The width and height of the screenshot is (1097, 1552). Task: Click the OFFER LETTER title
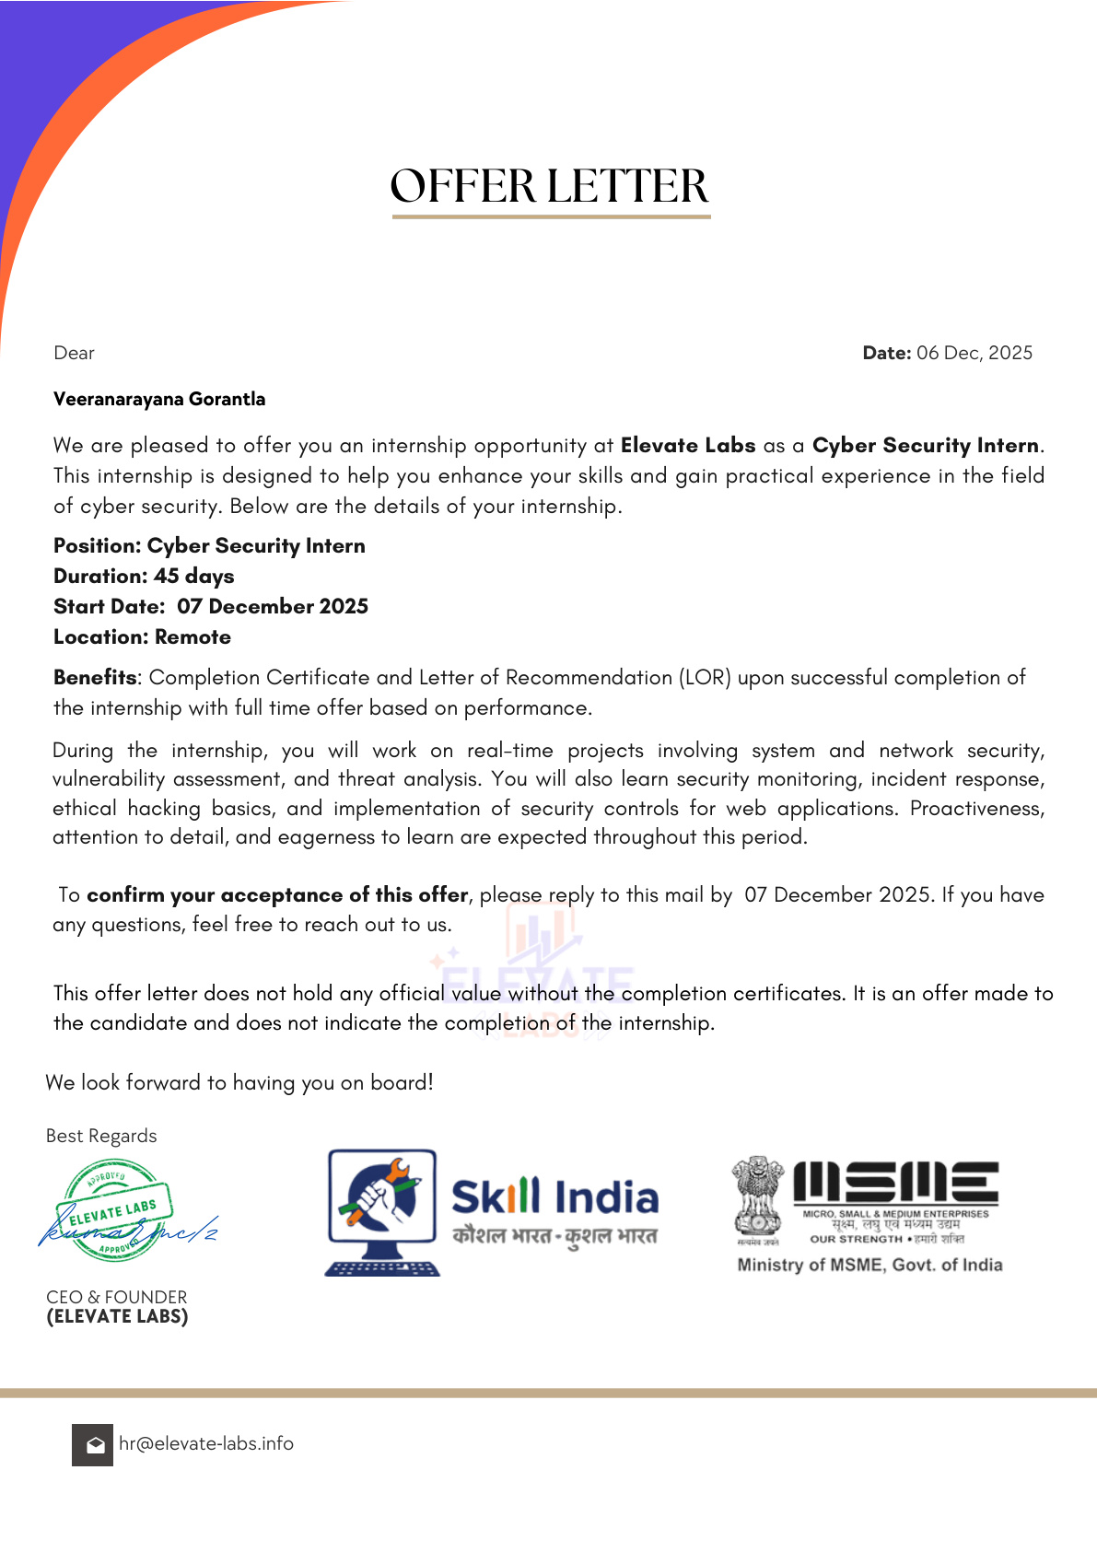click(x=550, y=186)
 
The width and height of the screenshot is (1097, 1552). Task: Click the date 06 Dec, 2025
click(x=974, y=353)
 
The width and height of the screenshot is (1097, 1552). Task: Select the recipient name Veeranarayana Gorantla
click(x=159, y=399)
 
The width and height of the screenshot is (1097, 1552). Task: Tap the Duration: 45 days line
click(x=144, y=576)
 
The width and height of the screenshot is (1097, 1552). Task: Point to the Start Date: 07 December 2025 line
click(x=211, y=606)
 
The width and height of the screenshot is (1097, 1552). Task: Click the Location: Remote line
click(x=142, y=636)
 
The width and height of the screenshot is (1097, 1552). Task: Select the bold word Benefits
click(x=95, y=677)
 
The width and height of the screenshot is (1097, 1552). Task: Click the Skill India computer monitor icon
click(x=381, y=1210)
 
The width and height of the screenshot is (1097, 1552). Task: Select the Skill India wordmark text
click(x=554, y=1196)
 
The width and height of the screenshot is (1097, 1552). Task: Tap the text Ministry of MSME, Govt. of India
click(x=869, y=1265)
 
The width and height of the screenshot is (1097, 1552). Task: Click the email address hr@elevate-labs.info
click(x=206, y=1443)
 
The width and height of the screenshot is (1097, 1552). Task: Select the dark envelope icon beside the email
click(x=92, y=1444)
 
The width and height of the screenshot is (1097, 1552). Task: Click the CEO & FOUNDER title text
click(x=116, y=1297)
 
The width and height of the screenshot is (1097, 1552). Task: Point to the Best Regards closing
click(x=101, y=1136)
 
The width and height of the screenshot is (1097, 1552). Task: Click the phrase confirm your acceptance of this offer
click(x=277, y=894)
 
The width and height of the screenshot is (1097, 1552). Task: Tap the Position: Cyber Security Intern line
click(x=209, y=545)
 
